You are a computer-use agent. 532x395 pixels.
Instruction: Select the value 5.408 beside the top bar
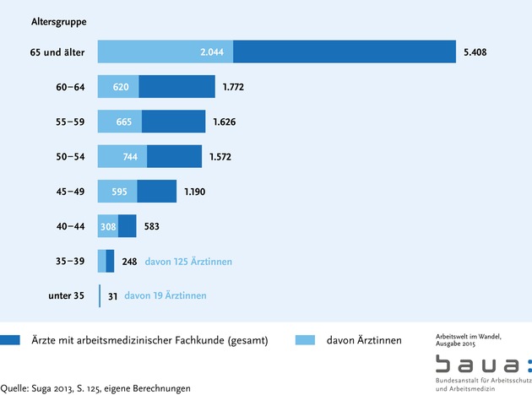tap(475, 52)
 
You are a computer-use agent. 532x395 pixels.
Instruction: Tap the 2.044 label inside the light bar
tap(212, 52)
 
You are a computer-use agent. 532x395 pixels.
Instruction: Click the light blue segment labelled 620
tap(118, 87)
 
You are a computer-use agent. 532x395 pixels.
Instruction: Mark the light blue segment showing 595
tap(117, 192)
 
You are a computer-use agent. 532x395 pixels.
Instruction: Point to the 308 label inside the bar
tap(108, 226)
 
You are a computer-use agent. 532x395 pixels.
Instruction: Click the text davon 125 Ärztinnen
tap(188, 262)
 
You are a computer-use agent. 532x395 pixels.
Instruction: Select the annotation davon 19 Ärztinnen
tap(165, 295)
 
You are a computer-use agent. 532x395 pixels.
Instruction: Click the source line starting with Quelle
tap(95, 388)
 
